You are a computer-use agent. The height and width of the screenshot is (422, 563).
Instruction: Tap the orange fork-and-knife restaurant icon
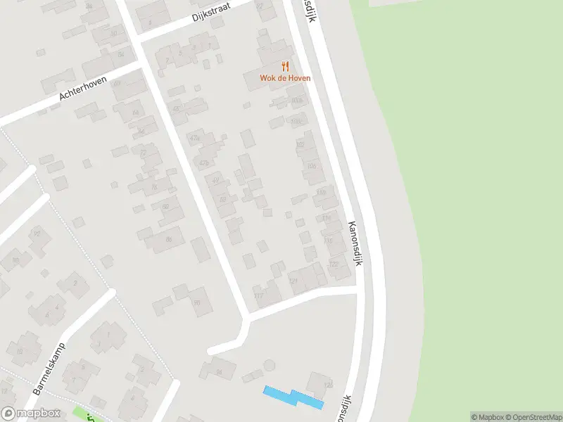(x=285, y=66)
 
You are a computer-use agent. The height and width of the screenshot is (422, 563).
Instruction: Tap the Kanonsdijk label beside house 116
(x=358, y=243)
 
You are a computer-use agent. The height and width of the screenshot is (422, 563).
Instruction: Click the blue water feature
(x=293, y=397)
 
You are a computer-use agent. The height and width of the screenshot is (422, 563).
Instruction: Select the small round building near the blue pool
(x=269, y=366)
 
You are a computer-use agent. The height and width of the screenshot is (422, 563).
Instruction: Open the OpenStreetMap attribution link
(x=533, y=417)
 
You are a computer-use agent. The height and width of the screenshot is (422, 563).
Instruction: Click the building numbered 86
(x=169, y=239)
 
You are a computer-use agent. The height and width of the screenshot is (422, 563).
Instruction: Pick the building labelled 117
(x=259, y=295)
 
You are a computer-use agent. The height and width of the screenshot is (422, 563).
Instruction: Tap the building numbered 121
(x=293, y=281)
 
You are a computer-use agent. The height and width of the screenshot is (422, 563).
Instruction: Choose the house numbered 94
(x=219, y=371)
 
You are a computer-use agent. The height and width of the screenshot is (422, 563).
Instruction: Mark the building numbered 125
(x=327, y=385)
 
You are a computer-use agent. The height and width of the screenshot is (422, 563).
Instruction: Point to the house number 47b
(x=204, y=163)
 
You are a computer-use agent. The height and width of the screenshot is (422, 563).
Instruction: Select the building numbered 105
(x=310, y=166)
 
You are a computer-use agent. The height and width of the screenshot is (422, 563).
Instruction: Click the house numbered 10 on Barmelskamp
(x=19, y=351)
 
